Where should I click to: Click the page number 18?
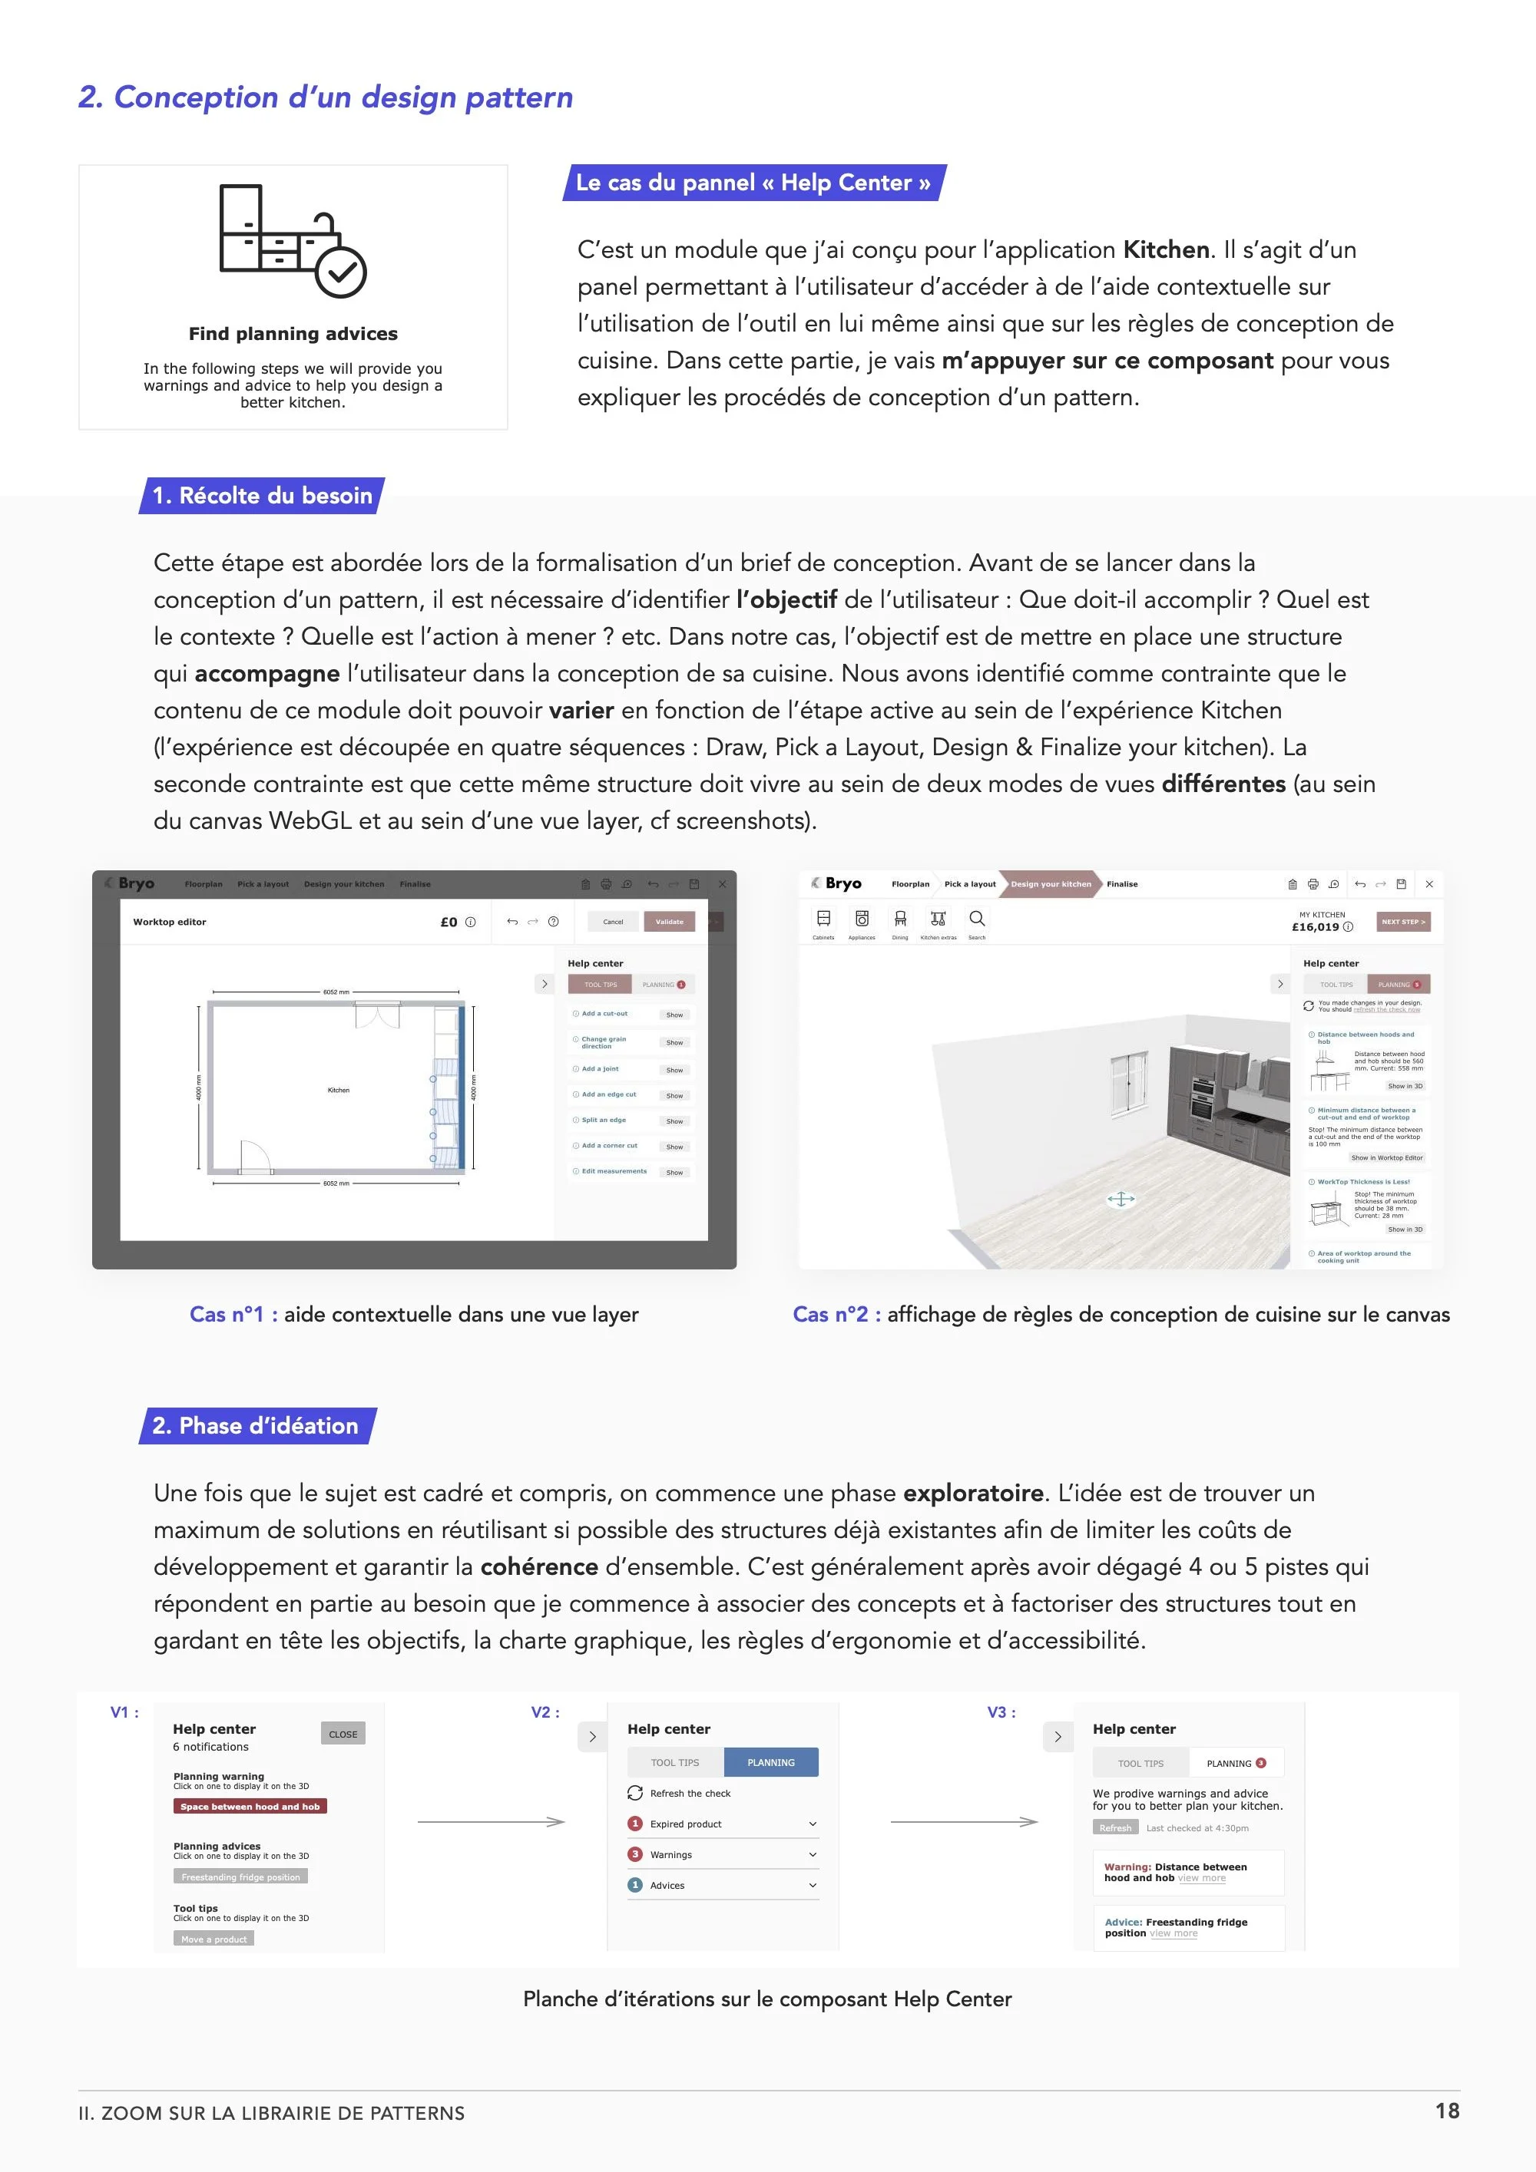[x=1446, y=2111]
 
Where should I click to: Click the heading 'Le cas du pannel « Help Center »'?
[x=753, y=183]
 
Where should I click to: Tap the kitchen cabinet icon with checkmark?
[x=293, y=240]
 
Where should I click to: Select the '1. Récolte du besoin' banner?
[x=262, y=496]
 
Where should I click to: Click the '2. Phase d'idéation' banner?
[x=256, y=1425]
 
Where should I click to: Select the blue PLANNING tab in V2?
[x=770, y=1762]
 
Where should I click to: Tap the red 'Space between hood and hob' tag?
[x=250, y=1806]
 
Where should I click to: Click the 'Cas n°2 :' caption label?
[x=836, y=1314]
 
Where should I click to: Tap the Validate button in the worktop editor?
[x=669, y=922]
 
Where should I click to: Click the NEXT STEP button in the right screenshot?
[x=1402, y=922]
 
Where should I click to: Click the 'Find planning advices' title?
[x=293, y=334]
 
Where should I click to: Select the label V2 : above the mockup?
[x=545, y=1712]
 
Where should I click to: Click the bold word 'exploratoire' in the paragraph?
[x=972, y=1493]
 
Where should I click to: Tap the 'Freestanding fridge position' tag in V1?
[x=240, y=1877]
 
